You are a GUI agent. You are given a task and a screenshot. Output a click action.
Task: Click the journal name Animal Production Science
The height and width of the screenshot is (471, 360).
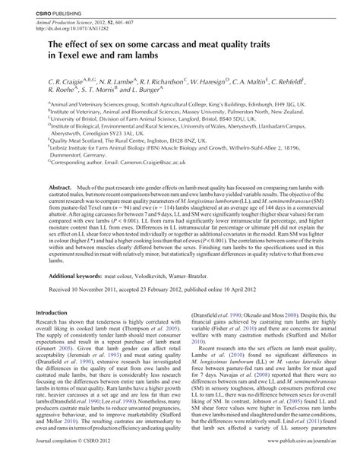coord(84,24)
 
